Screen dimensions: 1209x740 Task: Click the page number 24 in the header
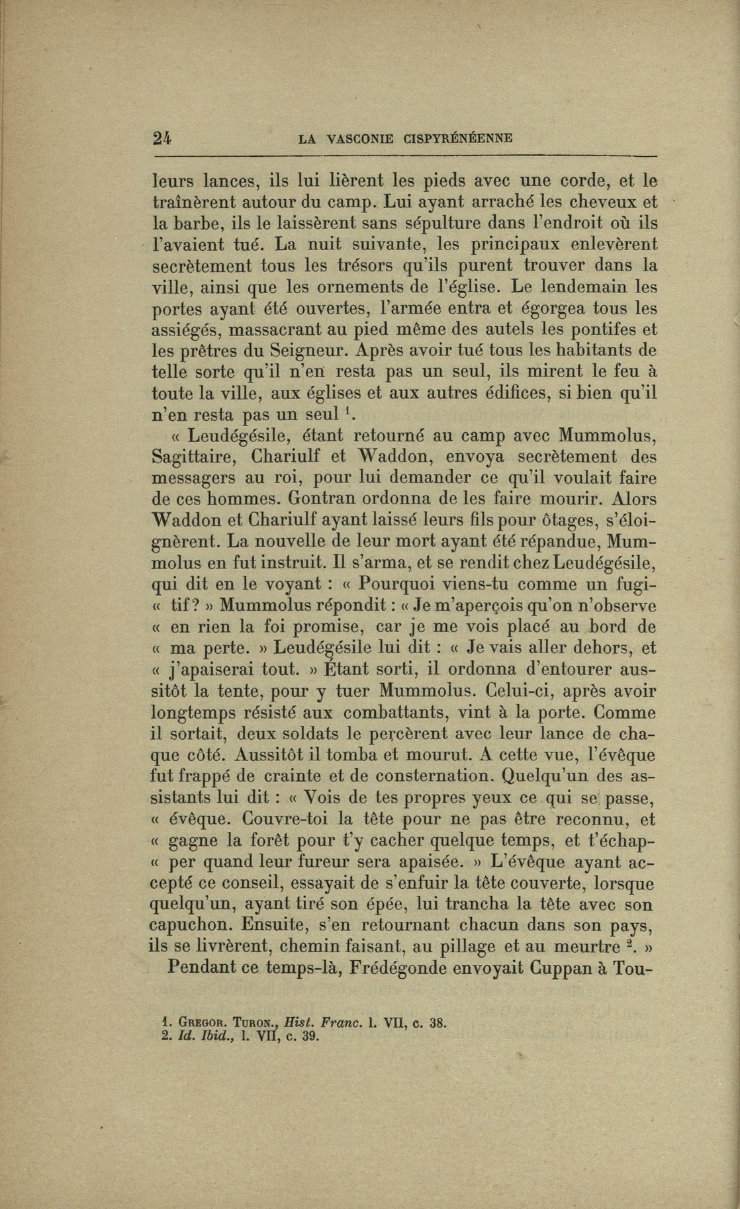pyautogui.click(x=162, y=138)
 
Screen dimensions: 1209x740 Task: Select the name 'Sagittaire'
pyautogui.click(x=192, y=457)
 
